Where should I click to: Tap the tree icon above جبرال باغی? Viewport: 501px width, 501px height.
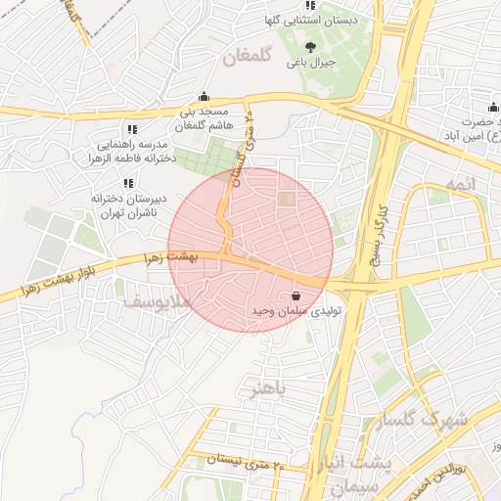pos(311,46)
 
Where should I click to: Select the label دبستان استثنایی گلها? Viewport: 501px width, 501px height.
pos(310,20)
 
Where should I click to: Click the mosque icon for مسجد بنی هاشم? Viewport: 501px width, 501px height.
pos(204,96)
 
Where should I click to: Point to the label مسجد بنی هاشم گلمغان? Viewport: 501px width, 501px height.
pos(204,117)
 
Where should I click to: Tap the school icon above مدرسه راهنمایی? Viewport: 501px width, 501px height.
pos(132,128)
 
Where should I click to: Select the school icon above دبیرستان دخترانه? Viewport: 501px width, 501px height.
pos(128,183)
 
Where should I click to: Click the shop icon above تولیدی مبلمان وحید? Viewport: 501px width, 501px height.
pos(296,295)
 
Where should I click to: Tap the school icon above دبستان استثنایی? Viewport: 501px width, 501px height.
pos(311,5)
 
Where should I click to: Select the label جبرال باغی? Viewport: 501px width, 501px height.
pos(311,63)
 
